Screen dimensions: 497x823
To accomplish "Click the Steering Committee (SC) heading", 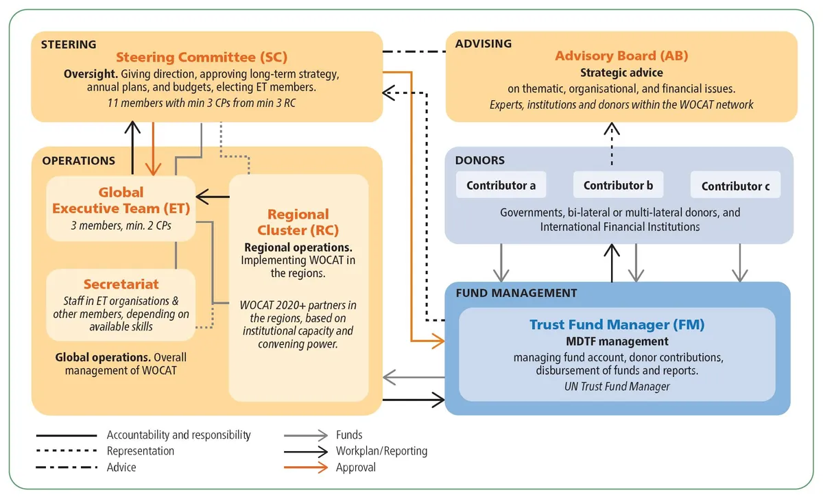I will coord(202,57).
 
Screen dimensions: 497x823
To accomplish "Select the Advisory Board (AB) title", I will coord(621,56).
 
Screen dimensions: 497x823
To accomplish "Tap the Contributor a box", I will coord(501,185).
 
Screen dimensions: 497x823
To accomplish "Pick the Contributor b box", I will coord(618,185).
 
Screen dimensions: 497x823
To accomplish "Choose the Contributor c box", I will coord(735,186).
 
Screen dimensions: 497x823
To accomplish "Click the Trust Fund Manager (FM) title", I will coord(617,324).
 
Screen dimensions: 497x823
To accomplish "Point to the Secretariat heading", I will coord(121,284).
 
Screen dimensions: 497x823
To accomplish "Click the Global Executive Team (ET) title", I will coord(121,200).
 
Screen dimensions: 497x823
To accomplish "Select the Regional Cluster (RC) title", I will coord(298,221).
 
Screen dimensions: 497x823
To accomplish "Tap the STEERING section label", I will coord(69,45).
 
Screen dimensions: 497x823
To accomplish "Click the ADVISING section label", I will coord(484,44).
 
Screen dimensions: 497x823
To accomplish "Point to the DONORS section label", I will coord(479,160).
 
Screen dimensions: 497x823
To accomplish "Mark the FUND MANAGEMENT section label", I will coord(516,293).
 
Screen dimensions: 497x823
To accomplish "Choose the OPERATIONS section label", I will coord(79,161).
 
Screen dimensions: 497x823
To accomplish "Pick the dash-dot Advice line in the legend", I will coord(66,468).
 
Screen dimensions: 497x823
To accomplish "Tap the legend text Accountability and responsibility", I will coord(178,435).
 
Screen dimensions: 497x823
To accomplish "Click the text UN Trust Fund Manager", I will coord(617,387).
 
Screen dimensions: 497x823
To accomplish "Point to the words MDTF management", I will coord(617,341).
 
